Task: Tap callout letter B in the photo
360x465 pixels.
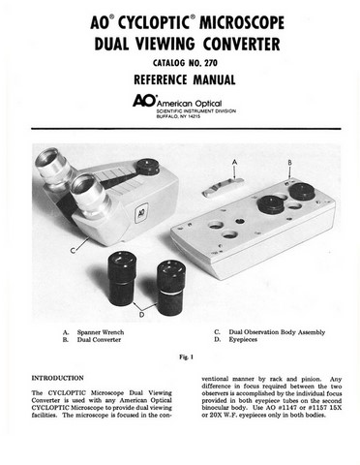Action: coord(290,163)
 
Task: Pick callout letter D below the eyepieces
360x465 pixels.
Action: coord(143,313)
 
